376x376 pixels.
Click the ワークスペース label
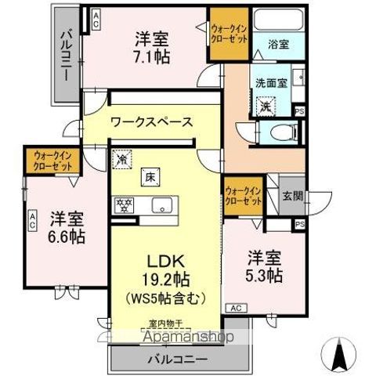152,121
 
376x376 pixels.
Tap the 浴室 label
279,44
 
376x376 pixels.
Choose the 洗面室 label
269,81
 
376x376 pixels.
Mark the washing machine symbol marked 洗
266,106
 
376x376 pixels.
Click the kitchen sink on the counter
163,207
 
